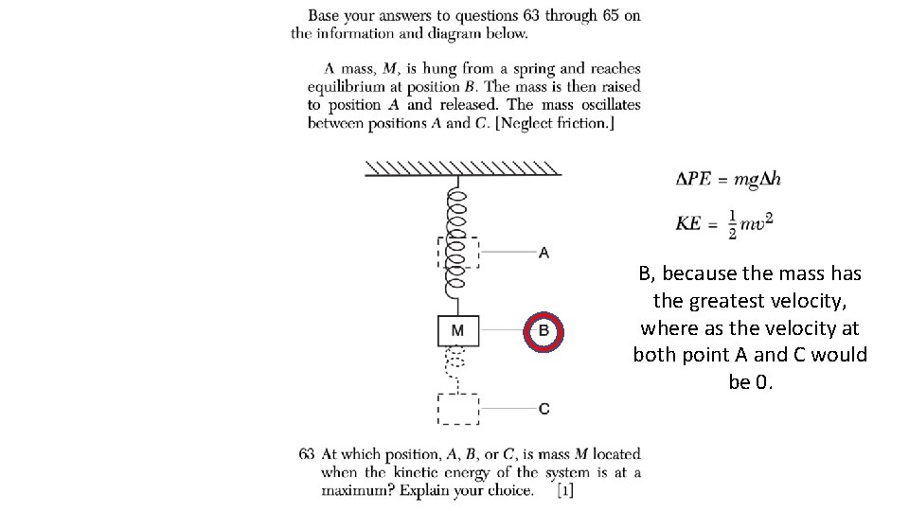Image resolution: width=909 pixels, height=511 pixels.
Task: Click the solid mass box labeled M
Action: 458,330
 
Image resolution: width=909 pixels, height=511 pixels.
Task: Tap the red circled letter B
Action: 544,330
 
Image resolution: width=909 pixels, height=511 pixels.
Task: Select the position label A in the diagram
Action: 543,253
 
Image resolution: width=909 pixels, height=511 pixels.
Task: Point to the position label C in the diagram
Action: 544,409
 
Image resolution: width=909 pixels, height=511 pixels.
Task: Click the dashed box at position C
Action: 458,409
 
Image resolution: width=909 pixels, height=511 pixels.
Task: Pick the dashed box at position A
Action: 458,253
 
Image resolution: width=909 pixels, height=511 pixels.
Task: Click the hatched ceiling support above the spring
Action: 462,168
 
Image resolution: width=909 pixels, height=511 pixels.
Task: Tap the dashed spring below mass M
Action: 456,369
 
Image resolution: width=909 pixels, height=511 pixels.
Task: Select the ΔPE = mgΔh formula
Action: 728,179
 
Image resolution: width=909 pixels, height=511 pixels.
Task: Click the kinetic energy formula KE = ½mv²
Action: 724,222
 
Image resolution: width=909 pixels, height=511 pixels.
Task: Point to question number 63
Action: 307,454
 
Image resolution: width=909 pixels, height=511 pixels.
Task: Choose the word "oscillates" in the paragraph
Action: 605,105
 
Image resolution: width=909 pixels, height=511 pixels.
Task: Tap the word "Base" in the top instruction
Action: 324,15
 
